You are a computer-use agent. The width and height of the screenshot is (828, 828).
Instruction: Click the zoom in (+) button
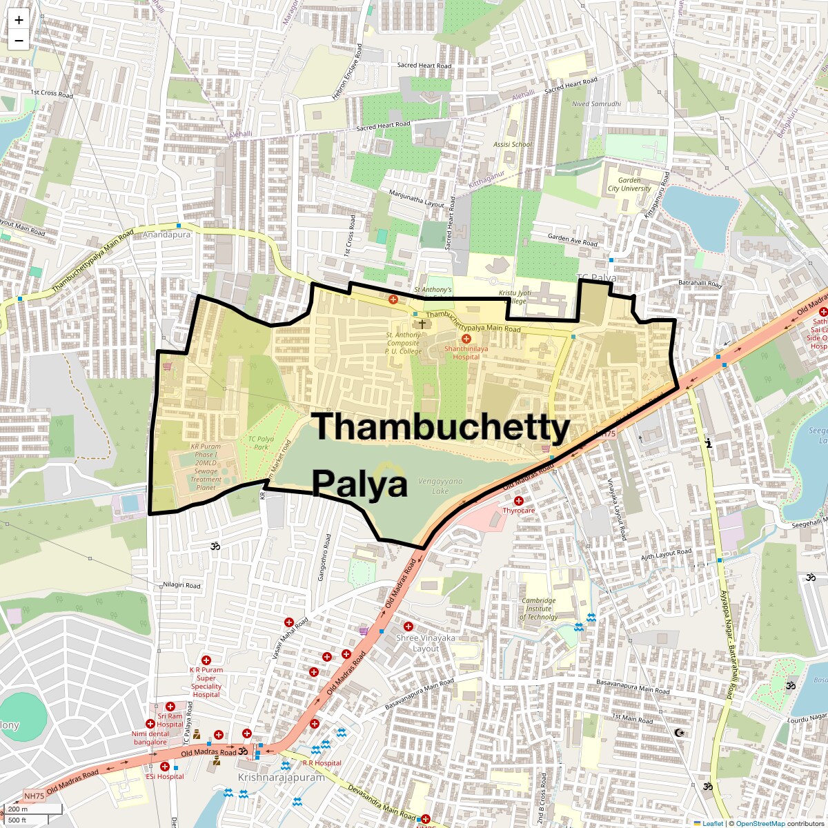19,20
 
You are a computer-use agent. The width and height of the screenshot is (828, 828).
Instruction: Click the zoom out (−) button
19,41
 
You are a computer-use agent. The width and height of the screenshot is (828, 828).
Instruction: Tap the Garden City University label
629,184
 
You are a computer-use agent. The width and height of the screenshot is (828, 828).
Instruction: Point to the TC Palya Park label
261,443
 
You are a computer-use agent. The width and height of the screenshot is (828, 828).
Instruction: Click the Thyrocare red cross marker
518,500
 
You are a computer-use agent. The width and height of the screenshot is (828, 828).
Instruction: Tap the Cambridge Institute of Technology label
538,609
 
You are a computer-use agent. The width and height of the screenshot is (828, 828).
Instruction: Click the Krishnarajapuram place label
281,777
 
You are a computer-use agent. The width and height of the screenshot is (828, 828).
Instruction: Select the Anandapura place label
166,235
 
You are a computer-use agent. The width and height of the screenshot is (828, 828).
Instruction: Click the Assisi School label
513,145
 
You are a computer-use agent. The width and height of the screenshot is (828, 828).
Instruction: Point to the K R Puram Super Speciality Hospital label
206,682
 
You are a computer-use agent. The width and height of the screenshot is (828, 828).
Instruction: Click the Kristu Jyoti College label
515,297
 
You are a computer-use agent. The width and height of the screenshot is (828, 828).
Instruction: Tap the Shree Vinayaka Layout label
426,643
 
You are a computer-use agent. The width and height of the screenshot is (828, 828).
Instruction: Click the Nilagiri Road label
181,585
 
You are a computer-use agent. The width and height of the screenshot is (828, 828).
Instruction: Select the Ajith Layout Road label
666,554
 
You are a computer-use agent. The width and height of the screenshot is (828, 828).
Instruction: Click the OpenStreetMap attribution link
760,823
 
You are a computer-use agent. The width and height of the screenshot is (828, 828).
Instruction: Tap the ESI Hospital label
165,776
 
